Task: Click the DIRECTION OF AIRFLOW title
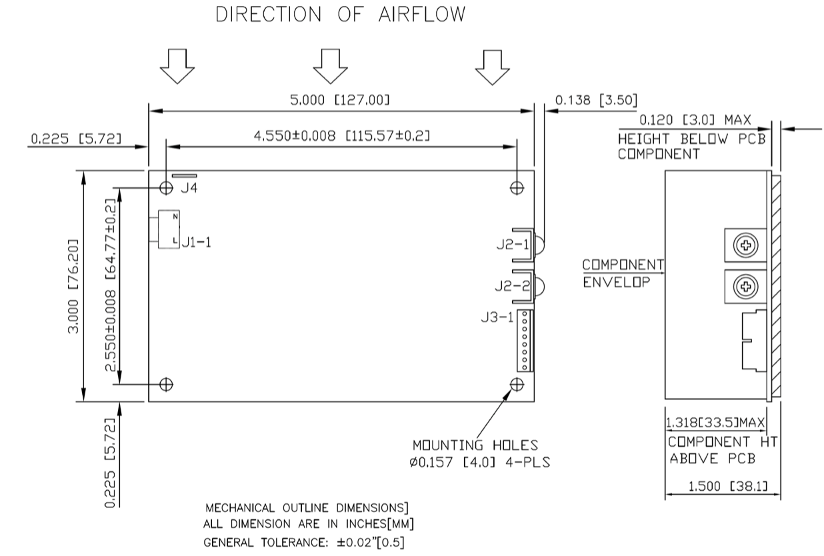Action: pos(340,15)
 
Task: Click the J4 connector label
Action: pos(189,189)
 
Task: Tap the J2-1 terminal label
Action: pos(511,245)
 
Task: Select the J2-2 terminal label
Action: pos(511,287)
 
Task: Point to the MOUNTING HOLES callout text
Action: pos(475,445)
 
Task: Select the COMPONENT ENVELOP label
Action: pos(622,273)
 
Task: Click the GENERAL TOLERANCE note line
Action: pos(303,543)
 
